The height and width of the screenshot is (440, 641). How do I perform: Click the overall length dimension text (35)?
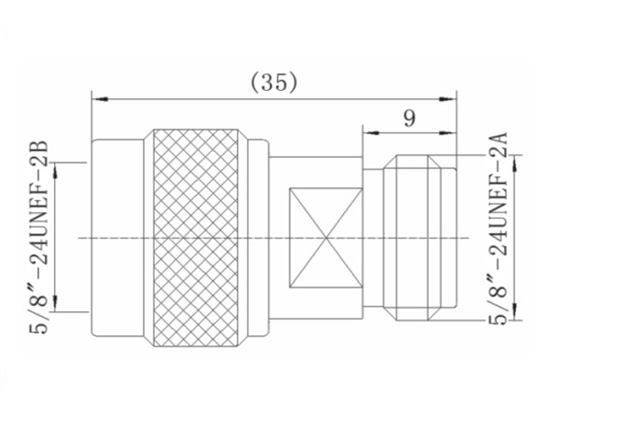coord(274,82)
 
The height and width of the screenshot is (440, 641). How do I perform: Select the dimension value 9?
coord(409,118)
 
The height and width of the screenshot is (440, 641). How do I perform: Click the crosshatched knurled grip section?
coord(196,238)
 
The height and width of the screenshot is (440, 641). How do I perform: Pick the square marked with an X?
coord(326,238)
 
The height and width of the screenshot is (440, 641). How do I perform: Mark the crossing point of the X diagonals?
coord(326,238)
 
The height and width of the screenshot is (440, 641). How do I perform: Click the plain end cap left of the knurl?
coord(117,238)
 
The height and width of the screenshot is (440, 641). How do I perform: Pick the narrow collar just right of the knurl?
coord(258,238)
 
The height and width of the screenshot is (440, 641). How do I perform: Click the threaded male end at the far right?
coord(420,238)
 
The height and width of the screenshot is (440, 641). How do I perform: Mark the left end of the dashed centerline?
coord(79,238)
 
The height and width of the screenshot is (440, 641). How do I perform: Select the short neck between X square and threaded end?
coord(372,238)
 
